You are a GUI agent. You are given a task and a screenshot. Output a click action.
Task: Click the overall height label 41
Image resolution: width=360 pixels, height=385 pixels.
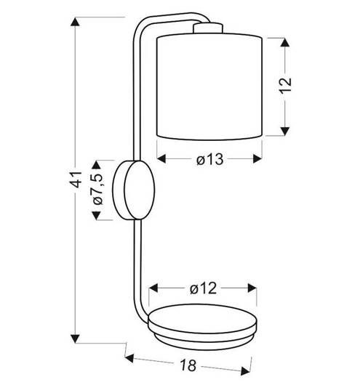(x=76, y=179)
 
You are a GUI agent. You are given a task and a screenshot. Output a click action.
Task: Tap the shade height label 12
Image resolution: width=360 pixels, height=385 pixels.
(x=286, y=86)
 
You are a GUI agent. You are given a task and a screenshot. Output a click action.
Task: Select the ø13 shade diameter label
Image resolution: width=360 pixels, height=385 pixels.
(x=209, y=159)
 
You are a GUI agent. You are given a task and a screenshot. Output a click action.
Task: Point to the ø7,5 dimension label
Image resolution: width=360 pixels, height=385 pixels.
(x=97, y=189)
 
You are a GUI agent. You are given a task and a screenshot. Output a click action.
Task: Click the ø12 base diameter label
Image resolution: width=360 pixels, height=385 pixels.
(x=203, y=288)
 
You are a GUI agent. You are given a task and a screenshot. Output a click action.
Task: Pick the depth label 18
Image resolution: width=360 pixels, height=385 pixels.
(x=188, y=365)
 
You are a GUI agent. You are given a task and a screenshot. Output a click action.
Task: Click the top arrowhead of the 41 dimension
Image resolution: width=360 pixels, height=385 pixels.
(x=75, y=22)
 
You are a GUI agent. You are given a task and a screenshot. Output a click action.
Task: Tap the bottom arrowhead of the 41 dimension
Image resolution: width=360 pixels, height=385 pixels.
(x=75, y=339)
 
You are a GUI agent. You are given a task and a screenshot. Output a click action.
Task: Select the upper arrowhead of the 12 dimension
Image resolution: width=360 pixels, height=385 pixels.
(x=285, y=42)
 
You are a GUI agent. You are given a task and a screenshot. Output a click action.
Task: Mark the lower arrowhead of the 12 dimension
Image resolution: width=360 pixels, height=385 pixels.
(x=285, y=131)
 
